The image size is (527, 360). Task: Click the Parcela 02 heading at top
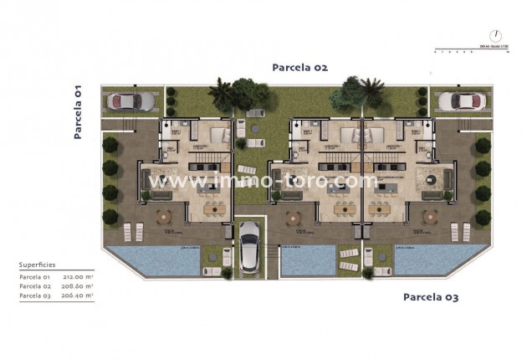point(299,67)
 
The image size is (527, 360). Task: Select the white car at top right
point(462,101)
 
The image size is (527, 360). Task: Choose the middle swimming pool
point(307,261)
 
